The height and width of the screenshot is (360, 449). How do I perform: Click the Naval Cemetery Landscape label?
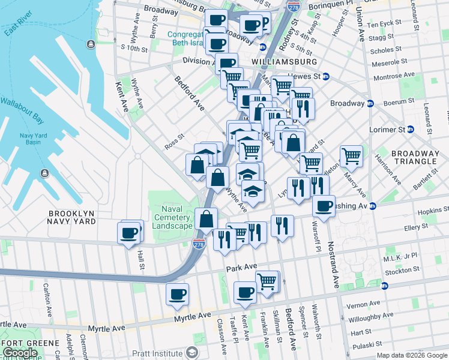173,217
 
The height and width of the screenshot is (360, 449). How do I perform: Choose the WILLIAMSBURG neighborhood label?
285,62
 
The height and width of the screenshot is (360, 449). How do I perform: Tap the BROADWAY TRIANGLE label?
414,157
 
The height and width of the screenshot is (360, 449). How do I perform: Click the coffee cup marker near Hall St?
129,232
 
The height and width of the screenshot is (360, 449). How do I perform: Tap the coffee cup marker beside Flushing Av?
324,206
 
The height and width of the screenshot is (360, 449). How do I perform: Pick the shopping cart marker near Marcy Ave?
351,155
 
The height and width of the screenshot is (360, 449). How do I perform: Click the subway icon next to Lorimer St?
411,129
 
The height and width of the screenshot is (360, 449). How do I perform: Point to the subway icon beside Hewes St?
327,77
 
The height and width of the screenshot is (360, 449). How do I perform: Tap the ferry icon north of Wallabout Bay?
90,44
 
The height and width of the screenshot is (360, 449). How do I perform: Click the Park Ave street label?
241,266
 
